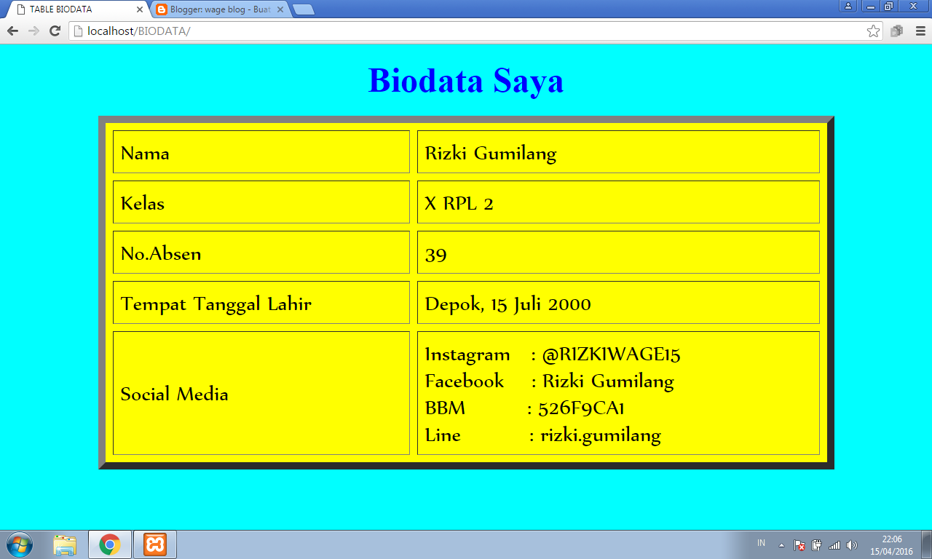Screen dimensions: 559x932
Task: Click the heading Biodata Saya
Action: pyautogui.click(x=466, y=80)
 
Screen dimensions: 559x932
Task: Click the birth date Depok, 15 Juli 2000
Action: pyautogui.click(x=508, y=304)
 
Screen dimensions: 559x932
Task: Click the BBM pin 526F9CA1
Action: pyautogui.click(x=581, y=408)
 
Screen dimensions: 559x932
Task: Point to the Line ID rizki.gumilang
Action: pyautogui.click(x=600, y=435)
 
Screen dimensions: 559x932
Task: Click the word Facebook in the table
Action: pyautogui.click(x=464, y=381)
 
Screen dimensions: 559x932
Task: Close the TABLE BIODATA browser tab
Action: pyautogui.click(x=139, y=9)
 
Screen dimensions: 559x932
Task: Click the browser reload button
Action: pyautogui.click(x=55, y=31)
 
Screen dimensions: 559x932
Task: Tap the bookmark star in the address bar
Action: pyautogui.click(x=873, y=31)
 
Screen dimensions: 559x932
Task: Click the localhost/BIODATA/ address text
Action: pyautogui.click(x=138, y=31)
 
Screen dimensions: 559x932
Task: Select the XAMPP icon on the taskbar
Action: pyautogui.click(x=154, y=544)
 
